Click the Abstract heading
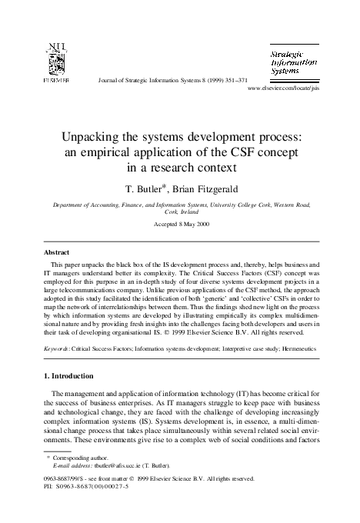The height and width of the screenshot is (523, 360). tap(61, 252)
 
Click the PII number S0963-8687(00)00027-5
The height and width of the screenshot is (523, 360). tap(108, 486)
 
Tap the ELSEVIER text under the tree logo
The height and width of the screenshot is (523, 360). tap(55, 79)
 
